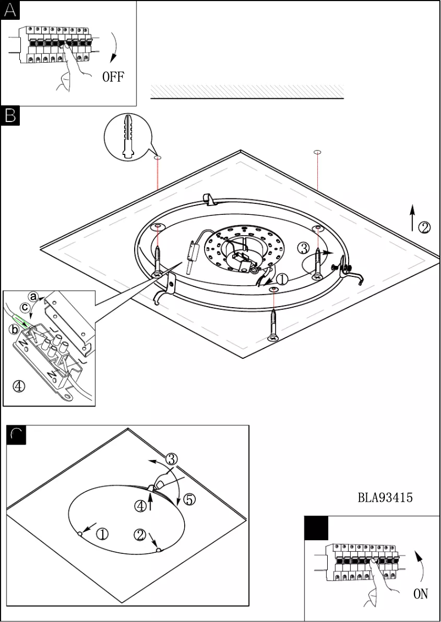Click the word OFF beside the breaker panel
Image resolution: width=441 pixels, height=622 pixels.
coord(113,76)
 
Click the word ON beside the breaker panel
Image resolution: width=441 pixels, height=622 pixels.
coord(420,594)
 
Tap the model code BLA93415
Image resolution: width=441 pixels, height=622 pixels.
coord(385,498)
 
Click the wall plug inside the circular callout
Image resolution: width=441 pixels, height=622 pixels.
coord(129,137)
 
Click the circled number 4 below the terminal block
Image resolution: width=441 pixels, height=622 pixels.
coord(19,386)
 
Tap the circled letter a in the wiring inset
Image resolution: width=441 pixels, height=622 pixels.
coord(33,296)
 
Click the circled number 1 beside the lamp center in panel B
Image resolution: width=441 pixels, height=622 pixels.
coord(282,279)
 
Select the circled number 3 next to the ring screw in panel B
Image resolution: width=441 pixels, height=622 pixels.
coord(304,248)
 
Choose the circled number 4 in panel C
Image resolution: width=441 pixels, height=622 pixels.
coord(141,506)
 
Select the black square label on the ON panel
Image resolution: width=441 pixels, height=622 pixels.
coord(317,528)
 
